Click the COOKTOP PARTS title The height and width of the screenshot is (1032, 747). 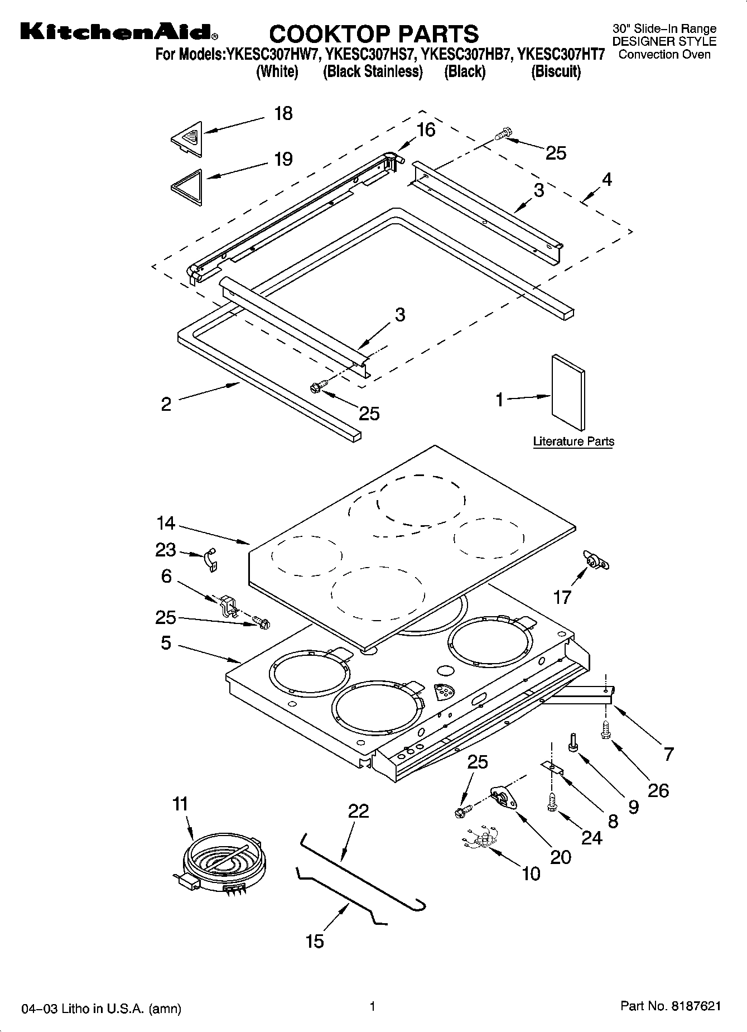pos(373,34)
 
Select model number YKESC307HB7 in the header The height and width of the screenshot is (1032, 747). pos(466,55)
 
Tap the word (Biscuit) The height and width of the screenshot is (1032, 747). pos(556,71)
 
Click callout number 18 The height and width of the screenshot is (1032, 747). pos(283,114)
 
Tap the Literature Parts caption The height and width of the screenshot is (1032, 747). pos(573,441)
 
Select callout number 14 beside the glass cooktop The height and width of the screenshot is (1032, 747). pos(166,524)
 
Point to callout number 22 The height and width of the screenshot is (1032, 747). pos(358,810)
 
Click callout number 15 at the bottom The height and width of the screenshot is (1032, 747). pos(315,941)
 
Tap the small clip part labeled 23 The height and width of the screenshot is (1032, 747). pos(210,559)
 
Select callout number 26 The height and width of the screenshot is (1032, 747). pos(658,790)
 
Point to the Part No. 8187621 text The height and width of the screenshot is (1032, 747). pos(671,1006)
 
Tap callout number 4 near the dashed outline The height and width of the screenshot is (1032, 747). pos(606,179)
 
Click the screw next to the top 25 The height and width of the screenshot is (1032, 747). pos(503,133)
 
